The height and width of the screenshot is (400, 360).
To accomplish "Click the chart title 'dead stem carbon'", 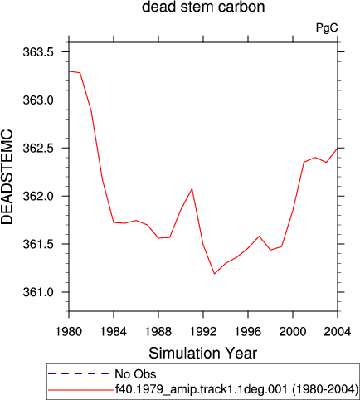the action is click(x=203, y=7).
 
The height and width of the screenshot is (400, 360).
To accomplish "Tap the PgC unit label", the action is click(x=327, y=27).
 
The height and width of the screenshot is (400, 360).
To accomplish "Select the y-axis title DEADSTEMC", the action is click(x=7, y=177).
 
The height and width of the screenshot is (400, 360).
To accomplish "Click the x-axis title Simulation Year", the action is click(x=203, y=354).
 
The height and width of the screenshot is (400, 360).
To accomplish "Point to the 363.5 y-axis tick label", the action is click(x=38, y=52).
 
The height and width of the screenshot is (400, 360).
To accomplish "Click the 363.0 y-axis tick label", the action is click(x=38, y=100).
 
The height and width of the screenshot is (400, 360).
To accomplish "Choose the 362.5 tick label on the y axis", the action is click(x=38, y=148).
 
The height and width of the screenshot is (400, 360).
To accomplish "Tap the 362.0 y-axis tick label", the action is click(x=38, y=196).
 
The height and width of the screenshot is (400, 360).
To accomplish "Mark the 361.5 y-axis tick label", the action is click(x=38, y=244).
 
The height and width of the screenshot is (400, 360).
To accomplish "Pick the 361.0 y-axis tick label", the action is click(x=38, y=292).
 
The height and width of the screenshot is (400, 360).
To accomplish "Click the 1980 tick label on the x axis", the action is click(x=69, y=331).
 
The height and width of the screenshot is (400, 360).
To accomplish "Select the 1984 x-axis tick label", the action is click(x=114, y=331).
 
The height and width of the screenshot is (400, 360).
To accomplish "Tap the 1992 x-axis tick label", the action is click(x=203, y=331).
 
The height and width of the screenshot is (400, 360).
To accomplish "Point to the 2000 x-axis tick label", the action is click(x=293, y=331).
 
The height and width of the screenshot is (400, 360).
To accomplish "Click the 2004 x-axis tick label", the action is click(x=338, y=331).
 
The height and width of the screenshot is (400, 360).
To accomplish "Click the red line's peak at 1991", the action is click(x=192, y=189).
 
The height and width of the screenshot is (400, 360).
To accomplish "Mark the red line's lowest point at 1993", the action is click(x=214, y=274).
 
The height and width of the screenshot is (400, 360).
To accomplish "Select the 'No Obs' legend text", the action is click(x=135, y=374).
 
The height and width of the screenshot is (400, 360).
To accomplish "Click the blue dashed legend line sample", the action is click(x=79, y=374).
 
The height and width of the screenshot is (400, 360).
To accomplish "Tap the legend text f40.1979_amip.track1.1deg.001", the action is click(x=202, y=389).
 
